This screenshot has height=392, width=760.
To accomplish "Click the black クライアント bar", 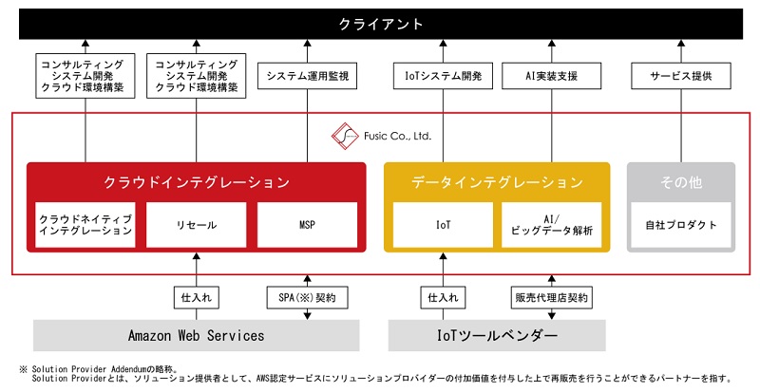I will [380, 23].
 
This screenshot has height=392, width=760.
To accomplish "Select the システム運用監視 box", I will [308, 75].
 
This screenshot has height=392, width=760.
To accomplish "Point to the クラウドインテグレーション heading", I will [196, 181].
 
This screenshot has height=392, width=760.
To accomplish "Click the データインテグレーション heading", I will [497, 181].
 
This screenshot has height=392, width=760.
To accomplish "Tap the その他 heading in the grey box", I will [680, 181].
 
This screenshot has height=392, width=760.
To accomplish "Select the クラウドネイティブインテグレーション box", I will [85, 225].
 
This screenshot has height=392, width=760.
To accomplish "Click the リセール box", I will [196, 225].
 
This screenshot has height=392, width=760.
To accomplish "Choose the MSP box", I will [307, 225].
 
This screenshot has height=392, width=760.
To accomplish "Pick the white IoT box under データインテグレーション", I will [443, 225].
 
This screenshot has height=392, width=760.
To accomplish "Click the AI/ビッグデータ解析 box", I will [552, 225].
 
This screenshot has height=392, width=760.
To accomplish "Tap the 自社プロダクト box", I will [680, 225].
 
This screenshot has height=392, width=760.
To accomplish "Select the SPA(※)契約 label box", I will [307, 297].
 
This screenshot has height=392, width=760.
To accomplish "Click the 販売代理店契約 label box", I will [552, 297].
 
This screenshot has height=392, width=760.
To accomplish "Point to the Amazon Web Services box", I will [196, 335].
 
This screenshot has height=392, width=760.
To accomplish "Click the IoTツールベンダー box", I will [497, 335].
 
